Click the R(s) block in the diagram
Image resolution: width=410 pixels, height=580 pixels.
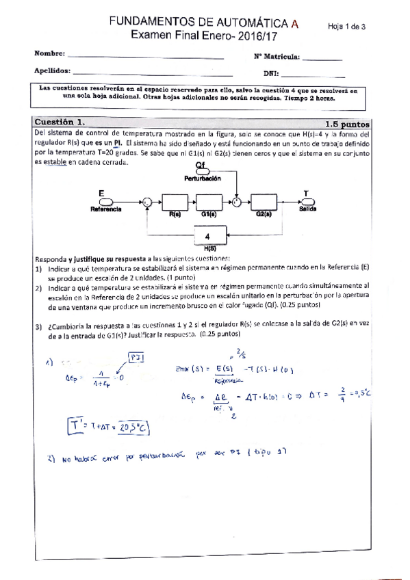click(174, 202)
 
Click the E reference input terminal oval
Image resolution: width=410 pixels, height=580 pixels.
click(105, 202)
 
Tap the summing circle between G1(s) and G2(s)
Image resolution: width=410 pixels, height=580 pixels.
click(236, 202)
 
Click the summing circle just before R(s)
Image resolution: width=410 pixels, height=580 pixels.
click(146, 202)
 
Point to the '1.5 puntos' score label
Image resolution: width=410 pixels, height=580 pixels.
click(347, 124)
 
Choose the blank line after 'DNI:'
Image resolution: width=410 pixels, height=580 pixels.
click(312, 73)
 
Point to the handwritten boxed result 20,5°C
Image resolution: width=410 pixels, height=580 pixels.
click(134, 427)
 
